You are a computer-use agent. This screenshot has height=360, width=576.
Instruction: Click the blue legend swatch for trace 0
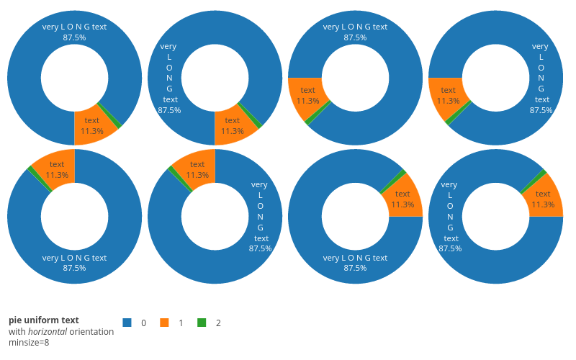click(127, 323)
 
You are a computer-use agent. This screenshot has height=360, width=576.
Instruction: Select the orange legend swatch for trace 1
click(164, 323)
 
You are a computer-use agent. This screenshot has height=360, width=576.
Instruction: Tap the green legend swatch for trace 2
click(202, 323)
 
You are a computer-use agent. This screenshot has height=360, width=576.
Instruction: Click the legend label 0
click(144, 323)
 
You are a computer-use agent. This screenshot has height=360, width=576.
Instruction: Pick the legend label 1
click(181, 323)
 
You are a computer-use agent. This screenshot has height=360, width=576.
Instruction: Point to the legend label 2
click(218, 323)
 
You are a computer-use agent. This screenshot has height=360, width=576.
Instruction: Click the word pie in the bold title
click(16, 320)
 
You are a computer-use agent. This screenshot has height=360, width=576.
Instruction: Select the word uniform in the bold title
click(43, 320)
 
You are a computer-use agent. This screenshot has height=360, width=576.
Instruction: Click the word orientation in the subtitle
click(91, 332)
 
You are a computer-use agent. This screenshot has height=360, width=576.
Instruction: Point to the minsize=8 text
click(29, 343)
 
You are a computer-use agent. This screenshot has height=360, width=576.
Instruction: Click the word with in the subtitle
click(17, 332)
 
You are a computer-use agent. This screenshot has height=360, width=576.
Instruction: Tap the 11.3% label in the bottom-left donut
click(57, 175)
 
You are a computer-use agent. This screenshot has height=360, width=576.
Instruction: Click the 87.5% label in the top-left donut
click(74, 37)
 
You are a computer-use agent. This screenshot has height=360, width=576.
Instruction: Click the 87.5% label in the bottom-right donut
click(450, 248)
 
